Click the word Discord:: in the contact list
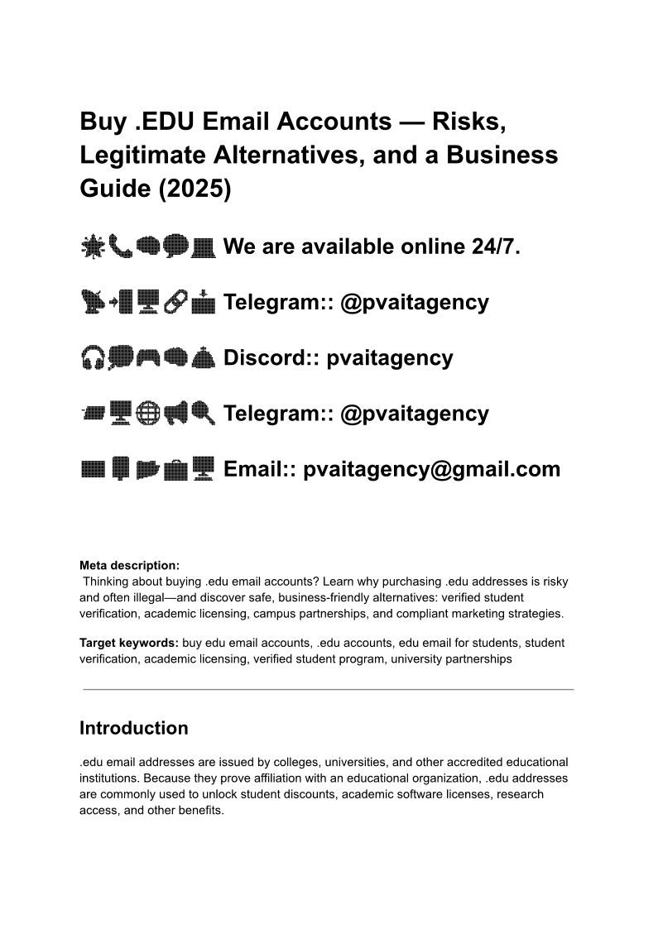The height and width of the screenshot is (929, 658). pyautogui.click(x=271, y=358)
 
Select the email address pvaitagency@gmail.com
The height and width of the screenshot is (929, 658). pyautogui.click(x=431, y=469)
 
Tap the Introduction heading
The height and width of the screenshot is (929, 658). pyautogui.click(x=133, y=728)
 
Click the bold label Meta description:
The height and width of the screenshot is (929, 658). pyautogui.click(x=129, y=566)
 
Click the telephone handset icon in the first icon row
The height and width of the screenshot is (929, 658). pyautogui.click(x=121, y=246)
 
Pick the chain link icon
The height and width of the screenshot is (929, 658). pyautogui.click(x=175, y=302)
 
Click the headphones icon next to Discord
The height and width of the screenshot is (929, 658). pyautogui.click(x=93, y=357)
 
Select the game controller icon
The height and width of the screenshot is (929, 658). pyautogui.click(x=148, y=357)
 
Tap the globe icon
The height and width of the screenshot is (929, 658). pyautogui.click(x=148, y=413)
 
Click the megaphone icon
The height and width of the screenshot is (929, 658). pyautogui.click(x=175, y=413)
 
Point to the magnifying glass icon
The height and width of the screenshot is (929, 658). pyautogui.click(x=203, y=413)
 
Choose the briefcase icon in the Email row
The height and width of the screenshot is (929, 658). pyautogui.click(x=175, y=469)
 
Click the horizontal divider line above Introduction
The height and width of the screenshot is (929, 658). pyautogui.click(x=329, y=688)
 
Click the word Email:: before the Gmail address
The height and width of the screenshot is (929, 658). pyautogui.click(x=260, y=469)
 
